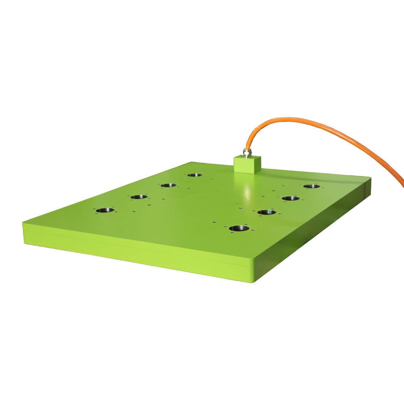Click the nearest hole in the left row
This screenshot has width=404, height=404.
(x=105, y=210)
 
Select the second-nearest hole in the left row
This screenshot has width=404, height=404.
(x=139, y=197)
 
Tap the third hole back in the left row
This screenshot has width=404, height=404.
(x=168, y=185)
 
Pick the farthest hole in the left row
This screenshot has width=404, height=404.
(x=194, y=175)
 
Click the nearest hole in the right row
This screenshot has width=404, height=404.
(x=239, y=228)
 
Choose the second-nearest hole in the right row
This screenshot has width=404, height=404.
(x=266, y=212)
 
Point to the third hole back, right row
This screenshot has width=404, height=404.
(x=290, y=198)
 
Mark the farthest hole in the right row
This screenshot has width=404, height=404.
(x=311, y=186)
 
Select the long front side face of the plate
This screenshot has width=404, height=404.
(x=133, y=250)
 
